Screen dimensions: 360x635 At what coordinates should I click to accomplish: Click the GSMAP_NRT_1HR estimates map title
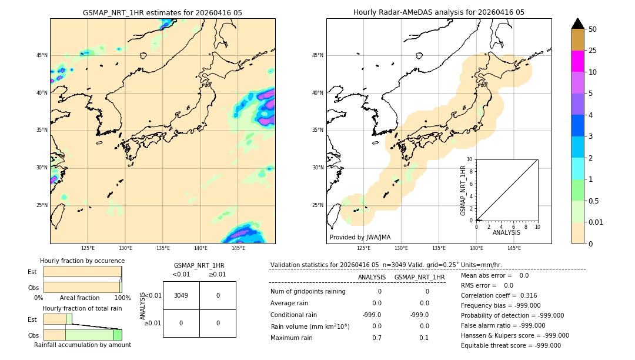[x=162, y=12]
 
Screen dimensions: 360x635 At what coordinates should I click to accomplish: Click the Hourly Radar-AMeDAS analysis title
[x=439, y=12]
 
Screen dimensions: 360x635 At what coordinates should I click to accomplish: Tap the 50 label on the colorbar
[x=593, y=29]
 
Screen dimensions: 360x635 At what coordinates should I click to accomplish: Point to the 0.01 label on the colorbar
[x=596, y=222]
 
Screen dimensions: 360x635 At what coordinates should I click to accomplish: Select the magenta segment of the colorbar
[x=577, y=61]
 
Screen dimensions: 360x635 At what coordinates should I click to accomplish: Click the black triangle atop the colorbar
[x=577, y=24]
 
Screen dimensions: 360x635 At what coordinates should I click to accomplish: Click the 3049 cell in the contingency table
[x=181, y=295]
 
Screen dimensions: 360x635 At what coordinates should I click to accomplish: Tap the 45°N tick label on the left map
[x=42, y=55]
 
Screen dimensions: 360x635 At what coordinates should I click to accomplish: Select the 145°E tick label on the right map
[x=514, y=248]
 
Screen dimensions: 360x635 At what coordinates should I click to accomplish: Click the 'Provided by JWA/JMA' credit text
[x=360, y=237]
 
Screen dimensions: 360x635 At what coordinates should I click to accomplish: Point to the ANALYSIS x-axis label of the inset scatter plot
[x=506, y=233]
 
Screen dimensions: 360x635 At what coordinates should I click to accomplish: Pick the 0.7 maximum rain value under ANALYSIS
[x=377, y=338]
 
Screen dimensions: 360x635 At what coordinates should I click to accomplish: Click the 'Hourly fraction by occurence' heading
[x=82, y=261]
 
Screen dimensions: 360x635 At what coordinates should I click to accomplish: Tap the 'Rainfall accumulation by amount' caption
[x=82, y=345]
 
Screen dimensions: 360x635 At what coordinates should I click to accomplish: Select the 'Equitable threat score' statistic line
[x=510, y=345]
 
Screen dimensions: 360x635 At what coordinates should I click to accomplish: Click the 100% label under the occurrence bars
[x=122, y=298]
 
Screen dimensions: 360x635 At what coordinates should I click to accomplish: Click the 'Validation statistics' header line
[x=386, y=265]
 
